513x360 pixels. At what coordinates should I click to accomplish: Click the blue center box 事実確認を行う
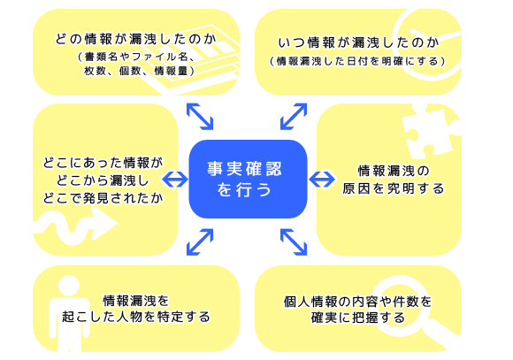pyautogui.click(x=248, y=179)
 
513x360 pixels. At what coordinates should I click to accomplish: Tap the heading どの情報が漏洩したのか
pyautogui.click(x=136, y=39)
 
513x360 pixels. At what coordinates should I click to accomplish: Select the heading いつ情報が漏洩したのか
pyautogui.click(x=358, y=42)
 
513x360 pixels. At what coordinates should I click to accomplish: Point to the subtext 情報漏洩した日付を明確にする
pyautogui.click(x=357, y=61)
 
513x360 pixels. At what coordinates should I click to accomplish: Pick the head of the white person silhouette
pyautogui.click(x=69, y=286)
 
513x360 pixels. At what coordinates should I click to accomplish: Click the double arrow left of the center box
pyautogui.click(x=175, y=179)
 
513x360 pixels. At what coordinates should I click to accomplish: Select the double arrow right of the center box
pyautogui.click(x=322, y=179)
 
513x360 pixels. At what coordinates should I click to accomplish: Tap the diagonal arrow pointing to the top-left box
pyautogui.click(x=200, y=117)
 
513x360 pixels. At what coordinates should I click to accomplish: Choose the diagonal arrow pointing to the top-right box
pyautogui.click(x=294, y=117)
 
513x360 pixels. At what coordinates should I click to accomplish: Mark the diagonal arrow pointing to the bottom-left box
pyautogui.click(x=200, y=242)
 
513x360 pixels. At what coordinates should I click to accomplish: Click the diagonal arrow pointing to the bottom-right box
pyautogui.click(x=294, y=242)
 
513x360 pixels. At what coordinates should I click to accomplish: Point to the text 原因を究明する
pyautogui.click(x=393, y=188)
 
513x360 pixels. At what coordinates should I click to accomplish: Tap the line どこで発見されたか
pyautogui.click(x=103, y=198)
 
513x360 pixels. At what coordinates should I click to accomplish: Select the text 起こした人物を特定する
pyautogui.click(x=136, y=317)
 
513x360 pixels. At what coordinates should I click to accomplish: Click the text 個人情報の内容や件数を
pyautogui.click(x=357, y=302)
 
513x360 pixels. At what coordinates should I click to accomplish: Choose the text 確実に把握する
pyautogui.click(x=357, y=318)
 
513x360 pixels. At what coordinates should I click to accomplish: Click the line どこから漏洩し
pyautogui.click(x=103, y=180)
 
